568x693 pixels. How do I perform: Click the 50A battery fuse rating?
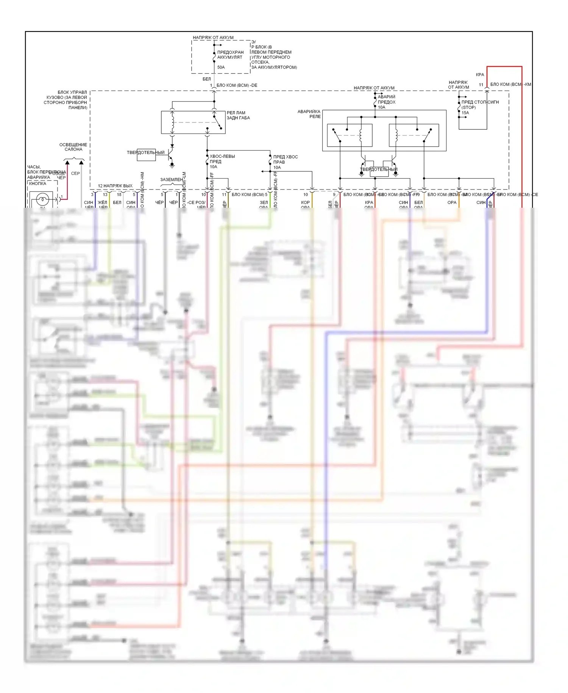point(221,67)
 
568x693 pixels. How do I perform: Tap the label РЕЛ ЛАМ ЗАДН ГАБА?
point(238,115)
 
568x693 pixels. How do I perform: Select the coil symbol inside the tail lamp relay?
point(173,122)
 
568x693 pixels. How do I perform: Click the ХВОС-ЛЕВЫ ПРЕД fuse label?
point(222,161)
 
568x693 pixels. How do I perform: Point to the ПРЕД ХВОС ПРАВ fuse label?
point(285,162)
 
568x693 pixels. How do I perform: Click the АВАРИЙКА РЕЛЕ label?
point(309,114)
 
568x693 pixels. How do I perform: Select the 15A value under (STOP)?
point(465,113)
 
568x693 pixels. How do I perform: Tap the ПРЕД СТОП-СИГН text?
point(480,102)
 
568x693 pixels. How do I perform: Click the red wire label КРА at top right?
point(480,75)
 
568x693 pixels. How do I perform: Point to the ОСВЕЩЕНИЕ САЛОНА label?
point(73,147)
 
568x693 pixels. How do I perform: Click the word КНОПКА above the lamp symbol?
point(37,183)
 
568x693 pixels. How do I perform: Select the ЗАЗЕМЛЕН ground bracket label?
point(171,180)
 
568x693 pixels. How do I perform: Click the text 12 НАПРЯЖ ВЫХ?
point(115,186)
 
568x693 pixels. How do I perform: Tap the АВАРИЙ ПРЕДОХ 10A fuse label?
point(387,102)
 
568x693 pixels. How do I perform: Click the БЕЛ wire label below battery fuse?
point(206,79)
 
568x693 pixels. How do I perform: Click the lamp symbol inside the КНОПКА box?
point(42,199)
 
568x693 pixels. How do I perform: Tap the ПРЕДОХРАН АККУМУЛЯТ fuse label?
point(230,55)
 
